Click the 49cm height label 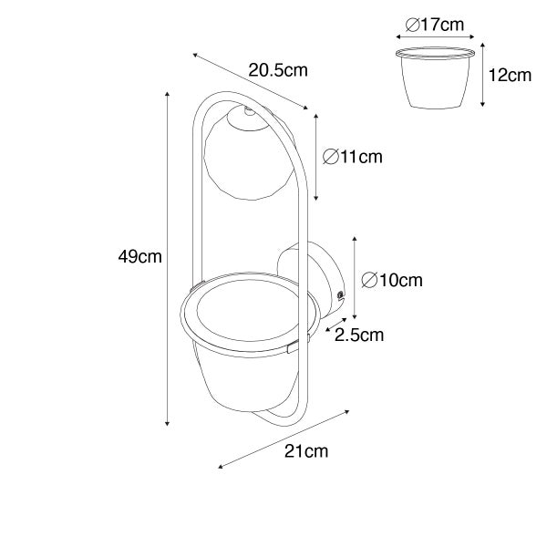coord(139,257)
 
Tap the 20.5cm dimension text coord(278,70)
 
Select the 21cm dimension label coord(306,451)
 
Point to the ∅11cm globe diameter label coord(352,157)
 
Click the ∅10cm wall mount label coord(392,280)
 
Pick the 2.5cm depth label coord(359,335)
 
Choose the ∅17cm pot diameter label coord(435,25)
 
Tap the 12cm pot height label coord(510,76)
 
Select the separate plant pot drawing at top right coord(435,77)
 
